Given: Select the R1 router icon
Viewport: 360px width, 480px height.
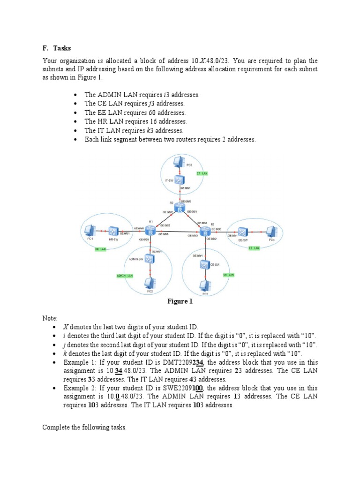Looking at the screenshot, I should pyautogui.click(x=150, y=231).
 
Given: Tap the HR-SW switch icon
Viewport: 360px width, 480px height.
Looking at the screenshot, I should pyautogui.click(x=113, y=231).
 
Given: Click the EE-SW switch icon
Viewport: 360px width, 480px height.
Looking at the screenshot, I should pyautogui.click(x=242, y=232).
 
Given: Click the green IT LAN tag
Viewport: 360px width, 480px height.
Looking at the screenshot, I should pyautogui.click(x=202, y=173).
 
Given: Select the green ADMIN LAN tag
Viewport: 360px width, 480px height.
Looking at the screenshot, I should pyautogui.click(x=125, y=276).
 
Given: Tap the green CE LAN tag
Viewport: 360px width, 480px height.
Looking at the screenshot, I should pyautogui.click(x=228, y=275).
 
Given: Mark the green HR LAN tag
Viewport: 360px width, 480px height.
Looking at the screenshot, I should pyautogui.click(x=100, y=249).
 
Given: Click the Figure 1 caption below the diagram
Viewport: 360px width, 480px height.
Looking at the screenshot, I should pyautogui.click(x=180, y=301).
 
